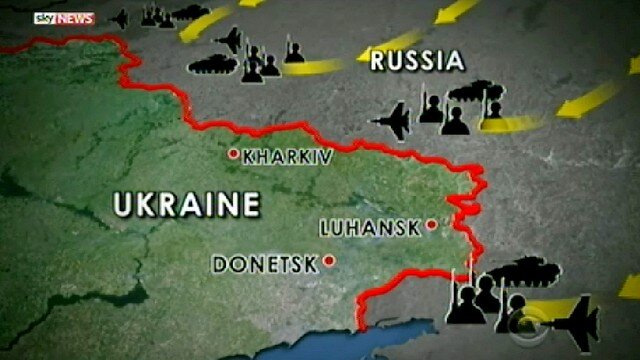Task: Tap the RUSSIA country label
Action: tap(417, 60)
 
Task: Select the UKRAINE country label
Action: tap(186, 205)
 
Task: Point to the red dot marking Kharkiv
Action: tap(232, 154)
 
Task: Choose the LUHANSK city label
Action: tap(370, 227)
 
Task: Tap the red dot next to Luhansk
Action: tap(431, 225)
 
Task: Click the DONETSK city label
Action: tap(264, 264)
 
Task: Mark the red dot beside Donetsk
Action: tap(327, 262)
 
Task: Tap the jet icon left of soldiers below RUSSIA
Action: tap(391, 120)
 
